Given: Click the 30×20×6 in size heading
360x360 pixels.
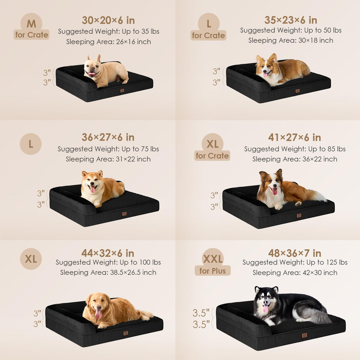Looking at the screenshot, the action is click(108, 20).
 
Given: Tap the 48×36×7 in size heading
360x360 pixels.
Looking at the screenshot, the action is click(295, 253).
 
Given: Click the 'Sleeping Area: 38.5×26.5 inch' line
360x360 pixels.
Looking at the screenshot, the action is click(108, 272).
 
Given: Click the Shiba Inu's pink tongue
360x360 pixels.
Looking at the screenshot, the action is click(93, 189).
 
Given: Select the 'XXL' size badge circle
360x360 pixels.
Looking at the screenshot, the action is click(213, 259).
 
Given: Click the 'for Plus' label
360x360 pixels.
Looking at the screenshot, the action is click(213, 271).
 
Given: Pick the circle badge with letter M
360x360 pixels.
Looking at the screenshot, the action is click(31, 24).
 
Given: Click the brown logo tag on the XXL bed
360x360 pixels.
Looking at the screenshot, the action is click(304, 335).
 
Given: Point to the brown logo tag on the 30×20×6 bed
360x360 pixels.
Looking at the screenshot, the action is click(122, 91).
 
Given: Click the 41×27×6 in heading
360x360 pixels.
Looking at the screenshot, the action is click(295, 137).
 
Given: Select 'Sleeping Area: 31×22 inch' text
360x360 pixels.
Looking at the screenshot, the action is click(108, 159).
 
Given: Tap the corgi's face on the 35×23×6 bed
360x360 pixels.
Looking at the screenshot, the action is click(266, 68).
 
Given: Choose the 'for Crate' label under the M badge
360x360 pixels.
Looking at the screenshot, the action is click(31, 35).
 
